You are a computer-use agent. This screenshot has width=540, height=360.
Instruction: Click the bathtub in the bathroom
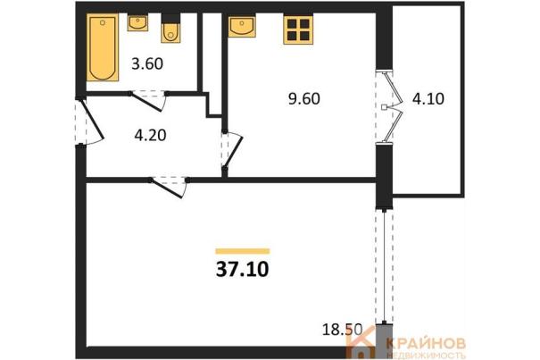(x=103, y=47)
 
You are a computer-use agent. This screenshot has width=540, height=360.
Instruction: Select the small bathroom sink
(x=137, y=22)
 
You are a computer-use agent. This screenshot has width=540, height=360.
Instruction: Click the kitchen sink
(x=242, y=26)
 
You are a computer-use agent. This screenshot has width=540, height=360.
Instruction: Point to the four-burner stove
(x=298, y=30)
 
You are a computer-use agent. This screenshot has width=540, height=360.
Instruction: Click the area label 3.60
(x=147, y=63)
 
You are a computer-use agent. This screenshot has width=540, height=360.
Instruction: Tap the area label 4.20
(x=151, y=135)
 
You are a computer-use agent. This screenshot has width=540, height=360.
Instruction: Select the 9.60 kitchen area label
(x=304, y=98)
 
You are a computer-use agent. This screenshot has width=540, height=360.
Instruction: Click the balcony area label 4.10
(x=428, y=98)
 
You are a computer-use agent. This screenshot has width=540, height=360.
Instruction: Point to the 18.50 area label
(x=343, y=330)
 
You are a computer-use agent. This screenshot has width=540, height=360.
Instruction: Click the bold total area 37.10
(x=243, y=270)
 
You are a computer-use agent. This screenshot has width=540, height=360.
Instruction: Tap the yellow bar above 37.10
(x=243, y=251)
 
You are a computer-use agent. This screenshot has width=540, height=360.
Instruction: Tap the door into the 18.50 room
(x=169, y=188)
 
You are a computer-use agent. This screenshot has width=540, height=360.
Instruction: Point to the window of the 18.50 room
(x=385, y=266)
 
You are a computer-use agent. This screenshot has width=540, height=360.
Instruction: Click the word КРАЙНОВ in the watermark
(x=426, y=343)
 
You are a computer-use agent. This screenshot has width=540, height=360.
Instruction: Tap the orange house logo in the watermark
(x=361, y=342)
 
